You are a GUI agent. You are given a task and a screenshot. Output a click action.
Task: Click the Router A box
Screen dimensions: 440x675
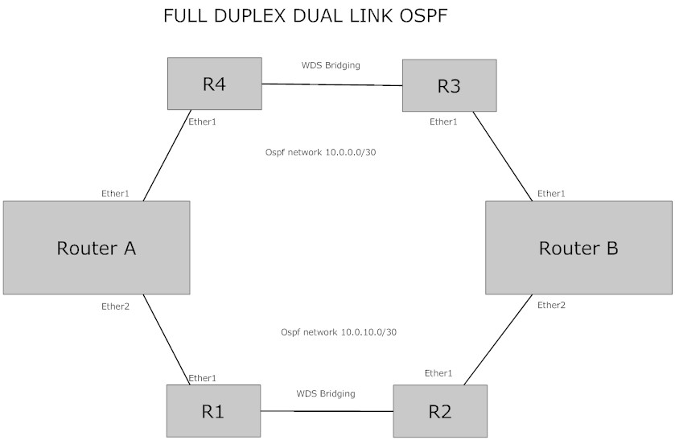click(96, 247)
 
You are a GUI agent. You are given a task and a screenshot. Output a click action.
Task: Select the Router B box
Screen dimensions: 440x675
click(578, 247)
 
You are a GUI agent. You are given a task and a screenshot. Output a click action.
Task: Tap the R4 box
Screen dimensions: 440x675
click(214, 84)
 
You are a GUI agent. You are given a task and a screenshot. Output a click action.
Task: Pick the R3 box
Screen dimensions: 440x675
click(448, 85)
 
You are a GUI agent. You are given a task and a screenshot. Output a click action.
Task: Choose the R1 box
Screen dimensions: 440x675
click(213, 411)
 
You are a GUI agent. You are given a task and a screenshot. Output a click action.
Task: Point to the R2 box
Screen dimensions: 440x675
click(440, 411)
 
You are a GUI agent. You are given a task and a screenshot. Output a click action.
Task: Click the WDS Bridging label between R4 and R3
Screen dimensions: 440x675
click(331, 65)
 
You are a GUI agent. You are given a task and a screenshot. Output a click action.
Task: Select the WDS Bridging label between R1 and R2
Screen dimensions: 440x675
click(326, 393)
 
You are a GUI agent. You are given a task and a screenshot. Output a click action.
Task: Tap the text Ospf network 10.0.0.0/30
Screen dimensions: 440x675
click(321, 151)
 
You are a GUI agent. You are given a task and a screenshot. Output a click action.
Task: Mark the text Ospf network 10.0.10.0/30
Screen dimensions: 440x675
click(339, 331)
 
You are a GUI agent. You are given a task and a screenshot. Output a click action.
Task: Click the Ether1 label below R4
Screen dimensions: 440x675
click(202, 122)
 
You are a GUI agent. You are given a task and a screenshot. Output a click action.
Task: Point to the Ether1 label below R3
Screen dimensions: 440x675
click(443, 122)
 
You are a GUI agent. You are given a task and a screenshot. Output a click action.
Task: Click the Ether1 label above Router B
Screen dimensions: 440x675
click(551, 193)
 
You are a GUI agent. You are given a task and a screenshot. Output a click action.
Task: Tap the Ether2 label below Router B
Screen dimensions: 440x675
click(551, 305)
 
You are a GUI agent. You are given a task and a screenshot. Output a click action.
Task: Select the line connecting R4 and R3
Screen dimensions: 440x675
click(331, 84)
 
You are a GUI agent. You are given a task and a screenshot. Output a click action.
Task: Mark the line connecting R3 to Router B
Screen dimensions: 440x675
click(502, 156)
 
